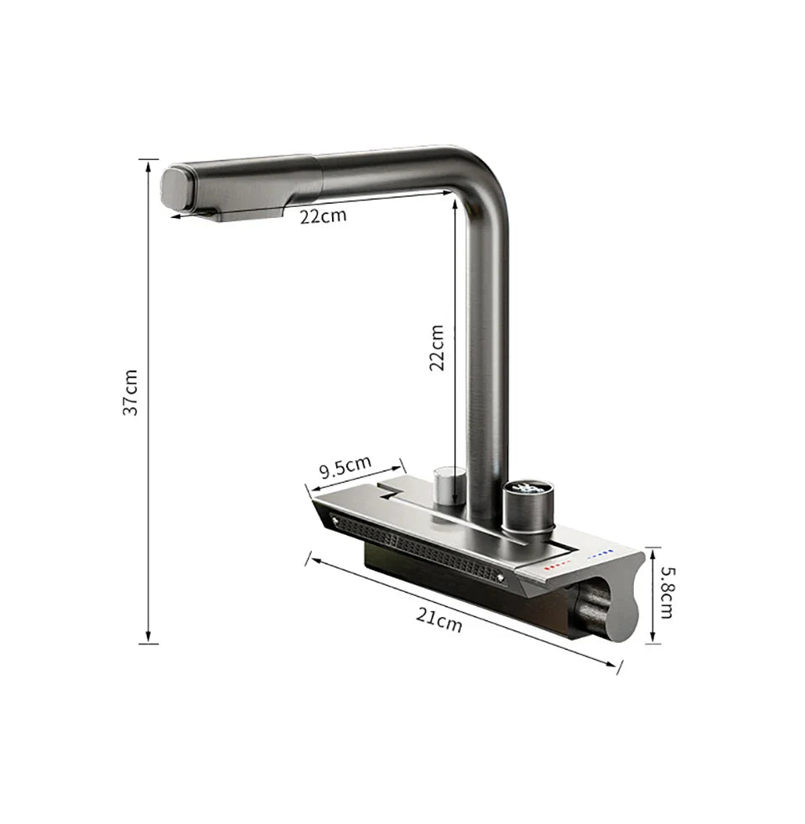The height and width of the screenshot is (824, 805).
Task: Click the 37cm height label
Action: (x=130, y=392)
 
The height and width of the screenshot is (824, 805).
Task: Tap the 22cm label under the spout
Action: (x=323, y=215)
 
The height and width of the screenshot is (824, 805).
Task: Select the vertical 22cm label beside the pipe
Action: (x=436, y=347)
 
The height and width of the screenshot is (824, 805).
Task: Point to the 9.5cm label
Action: (x=345, y=467)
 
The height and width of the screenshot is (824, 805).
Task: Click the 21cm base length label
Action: (x=439, y=619)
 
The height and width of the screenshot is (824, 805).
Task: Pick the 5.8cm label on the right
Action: (x=667, y=593)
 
